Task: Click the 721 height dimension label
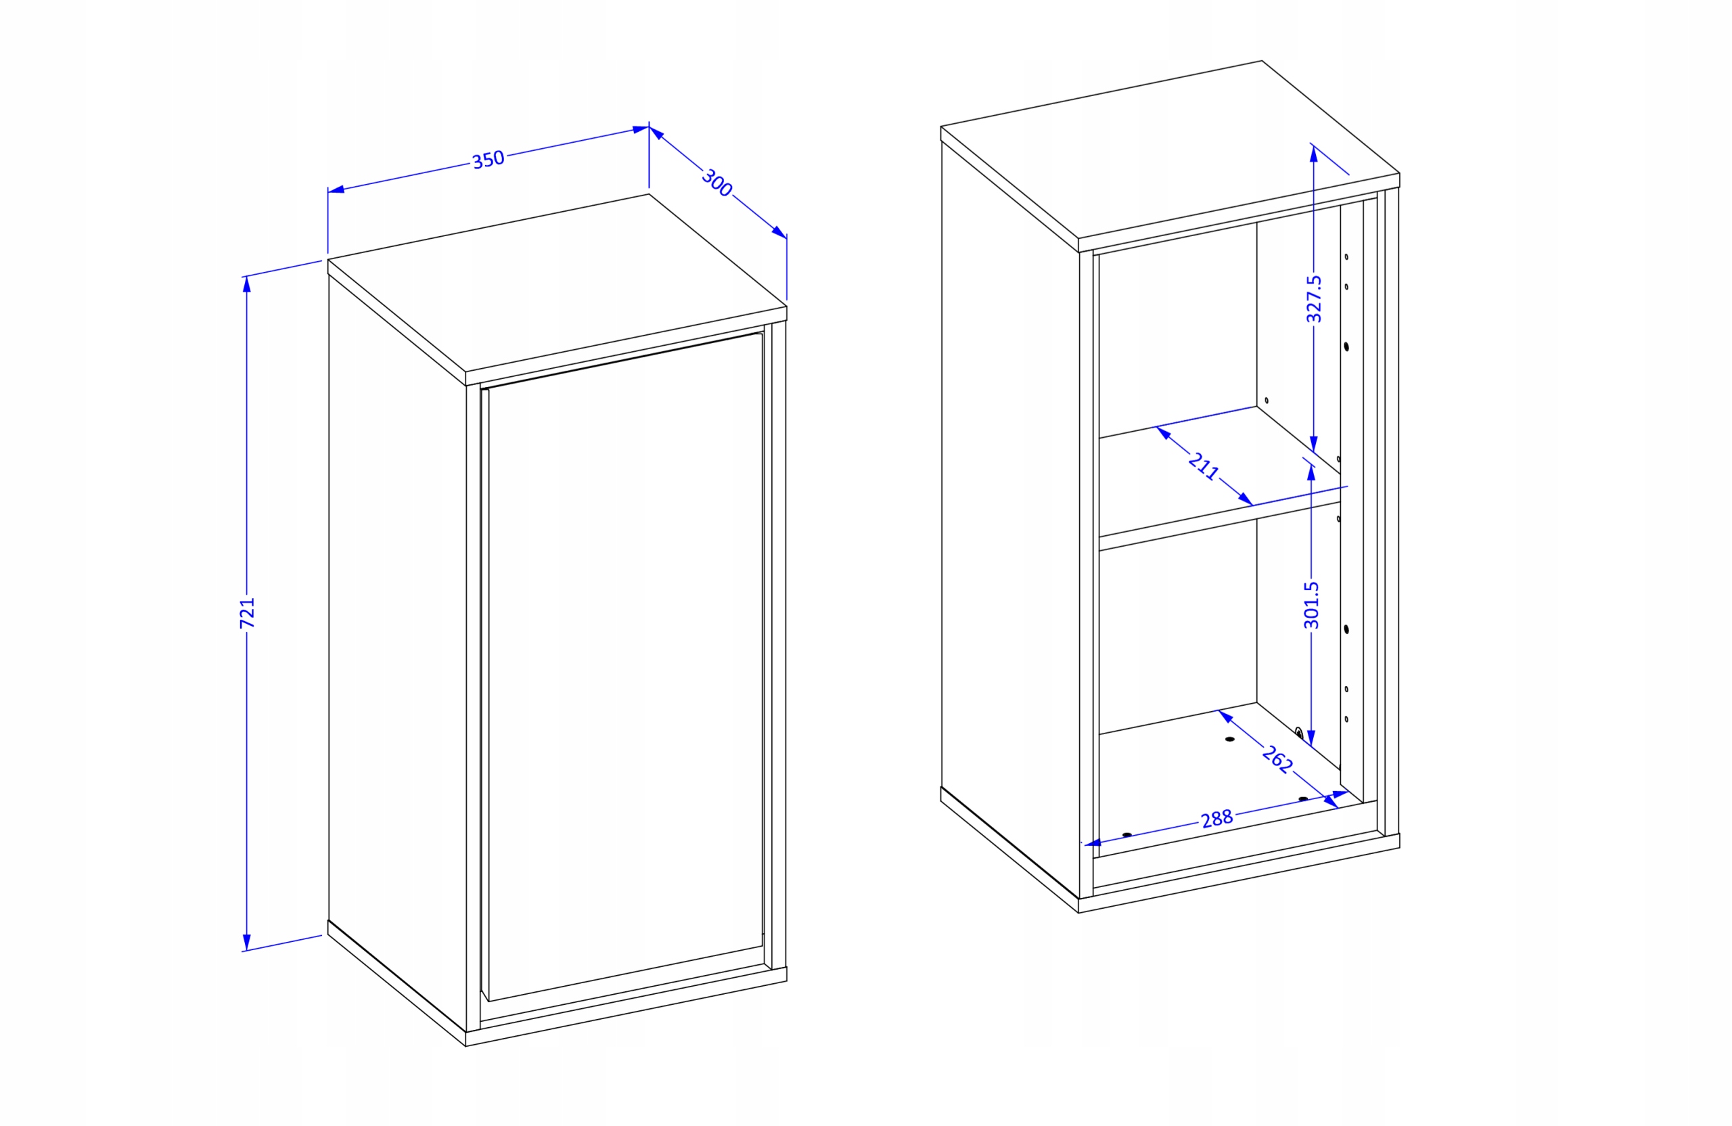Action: point(248,612)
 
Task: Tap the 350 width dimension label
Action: point(488,160)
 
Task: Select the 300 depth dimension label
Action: point(716,183)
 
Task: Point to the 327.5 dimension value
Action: point(1314,298)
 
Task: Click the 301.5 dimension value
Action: point(1311,605)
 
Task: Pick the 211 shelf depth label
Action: point(1204,466)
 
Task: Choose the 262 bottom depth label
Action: point(1277,759)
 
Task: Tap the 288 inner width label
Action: point(1216,819)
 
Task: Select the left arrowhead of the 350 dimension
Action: point(336,190)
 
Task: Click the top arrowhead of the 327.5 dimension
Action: point(1314,154)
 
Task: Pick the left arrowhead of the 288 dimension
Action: point(1093,843)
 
